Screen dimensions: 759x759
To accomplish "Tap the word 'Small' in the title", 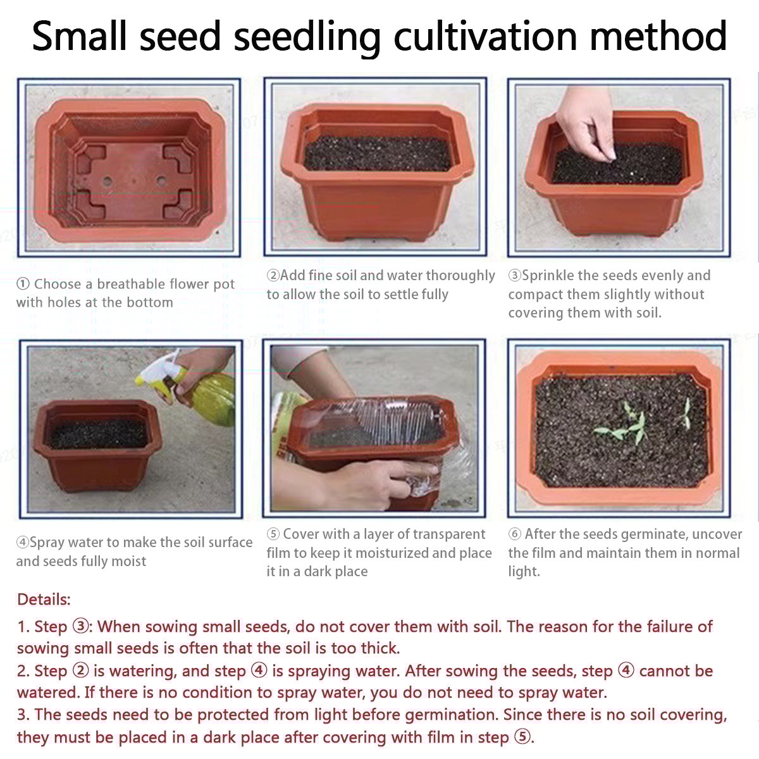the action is pos(79,36).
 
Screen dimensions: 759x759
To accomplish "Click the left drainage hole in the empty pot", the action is pos(107,182).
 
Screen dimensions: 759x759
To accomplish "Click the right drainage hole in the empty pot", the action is pos(161,181).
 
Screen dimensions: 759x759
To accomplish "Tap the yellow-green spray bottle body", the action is pos(209,398).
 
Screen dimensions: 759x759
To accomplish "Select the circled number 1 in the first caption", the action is pos(23,283).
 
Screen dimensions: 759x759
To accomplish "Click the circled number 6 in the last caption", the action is pos(514,534).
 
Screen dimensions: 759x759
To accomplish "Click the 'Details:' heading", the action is pos(44,600).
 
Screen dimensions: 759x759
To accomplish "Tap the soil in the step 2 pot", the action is pos(378,154).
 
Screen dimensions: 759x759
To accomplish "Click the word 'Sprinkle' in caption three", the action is pos(548,275).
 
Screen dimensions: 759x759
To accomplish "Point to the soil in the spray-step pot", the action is pos(97,433).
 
